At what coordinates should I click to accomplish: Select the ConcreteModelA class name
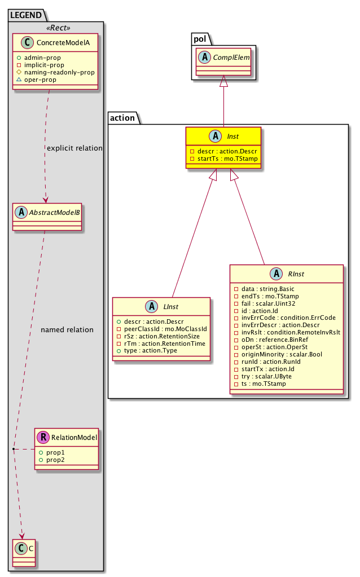[60, 43]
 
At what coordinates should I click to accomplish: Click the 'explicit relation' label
[74, 148]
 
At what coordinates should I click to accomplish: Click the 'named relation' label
[67, 329]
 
